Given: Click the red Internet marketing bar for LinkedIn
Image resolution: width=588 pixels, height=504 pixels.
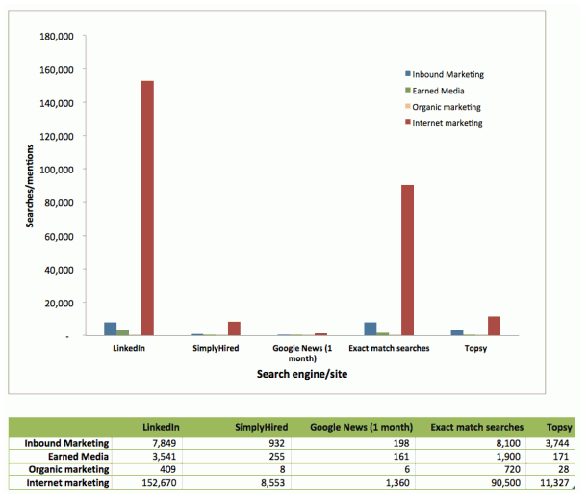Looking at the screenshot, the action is (147, 208).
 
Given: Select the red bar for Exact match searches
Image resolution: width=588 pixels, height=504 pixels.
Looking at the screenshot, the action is (408, 260).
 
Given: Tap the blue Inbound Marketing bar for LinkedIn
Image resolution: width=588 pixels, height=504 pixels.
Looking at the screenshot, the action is (111, 329).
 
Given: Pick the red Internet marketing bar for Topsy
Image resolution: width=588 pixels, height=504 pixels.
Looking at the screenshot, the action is (495, 326).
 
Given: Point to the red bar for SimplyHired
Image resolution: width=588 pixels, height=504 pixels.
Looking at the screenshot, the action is (235, 329).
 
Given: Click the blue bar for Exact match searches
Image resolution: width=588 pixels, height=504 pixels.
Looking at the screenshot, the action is (371, 329).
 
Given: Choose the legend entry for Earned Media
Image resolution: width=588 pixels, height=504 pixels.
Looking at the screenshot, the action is (435, 91).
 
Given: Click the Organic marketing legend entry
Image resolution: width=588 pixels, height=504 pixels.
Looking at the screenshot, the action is (443, 107).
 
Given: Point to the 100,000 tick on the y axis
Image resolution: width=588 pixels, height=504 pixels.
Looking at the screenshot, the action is (57, 170).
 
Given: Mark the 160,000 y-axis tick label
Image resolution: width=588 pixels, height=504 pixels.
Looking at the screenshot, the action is (57, 69).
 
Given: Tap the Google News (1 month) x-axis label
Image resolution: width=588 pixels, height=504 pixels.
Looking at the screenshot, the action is (302, 353).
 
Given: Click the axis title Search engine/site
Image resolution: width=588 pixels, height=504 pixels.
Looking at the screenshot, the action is (302, 374).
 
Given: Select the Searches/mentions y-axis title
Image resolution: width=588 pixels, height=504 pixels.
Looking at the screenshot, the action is (30, 186).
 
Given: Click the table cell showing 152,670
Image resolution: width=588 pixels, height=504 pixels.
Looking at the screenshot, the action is (159, 483).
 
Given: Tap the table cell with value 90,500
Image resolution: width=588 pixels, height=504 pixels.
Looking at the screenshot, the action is (506, 483).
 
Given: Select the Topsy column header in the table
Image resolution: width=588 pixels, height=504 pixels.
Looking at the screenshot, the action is (559, 427).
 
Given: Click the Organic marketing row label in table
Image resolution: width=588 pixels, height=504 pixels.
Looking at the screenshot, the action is (68, 470).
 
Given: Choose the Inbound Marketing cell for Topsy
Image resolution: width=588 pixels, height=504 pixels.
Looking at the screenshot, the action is (557, 443).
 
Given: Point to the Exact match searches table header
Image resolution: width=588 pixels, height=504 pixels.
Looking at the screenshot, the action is (476, 427).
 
